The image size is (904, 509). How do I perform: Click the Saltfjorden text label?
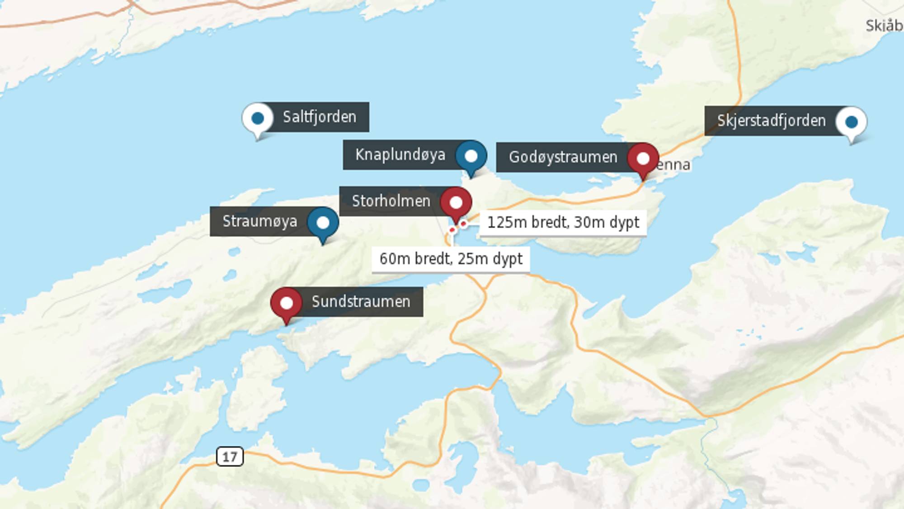[x=320, y=117]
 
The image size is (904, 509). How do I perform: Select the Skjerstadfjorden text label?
[x=771, y=121]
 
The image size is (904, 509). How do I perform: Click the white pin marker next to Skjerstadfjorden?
[x=852, y=122]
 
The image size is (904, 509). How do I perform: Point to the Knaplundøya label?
[x=400, y=155]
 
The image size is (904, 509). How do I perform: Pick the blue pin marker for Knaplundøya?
[x=471, y=156]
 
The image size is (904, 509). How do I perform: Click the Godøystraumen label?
[x=563, y=157]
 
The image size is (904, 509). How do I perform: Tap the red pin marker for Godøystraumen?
[x=643, y=159]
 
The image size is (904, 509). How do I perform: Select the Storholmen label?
[x=391, y=201]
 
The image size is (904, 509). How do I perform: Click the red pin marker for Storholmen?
[x=456, y=202]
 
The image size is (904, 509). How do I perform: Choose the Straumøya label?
[x=260, y=221]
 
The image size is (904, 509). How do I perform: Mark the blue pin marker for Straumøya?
[x=323, y=223]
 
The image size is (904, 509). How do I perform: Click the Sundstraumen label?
[x=361, y=301]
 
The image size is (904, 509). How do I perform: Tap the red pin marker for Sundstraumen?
[x=287, y=303]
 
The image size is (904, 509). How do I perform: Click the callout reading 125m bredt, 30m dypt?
[x=563, y=223]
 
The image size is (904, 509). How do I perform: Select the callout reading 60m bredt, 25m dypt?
[x=451, y=259]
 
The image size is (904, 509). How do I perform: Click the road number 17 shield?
[x=230, y=457]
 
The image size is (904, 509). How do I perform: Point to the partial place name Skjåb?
[x=884, y=26]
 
